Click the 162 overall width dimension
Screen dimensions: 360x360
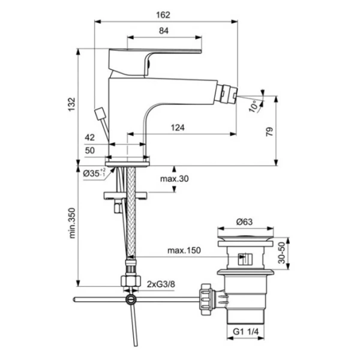click(x=163, y=15)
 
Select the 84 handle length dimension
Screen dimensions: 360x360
click(x=164, y=31)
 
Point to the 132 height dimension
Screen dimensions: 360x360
click(x=71, y=104)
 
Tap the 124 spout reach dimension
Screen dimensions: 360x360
click(x=178, y=127)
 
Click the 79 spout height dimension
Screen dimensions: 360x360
click(x=269, y=131)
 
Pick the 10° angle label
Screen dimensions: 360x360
click(x=253, y=106)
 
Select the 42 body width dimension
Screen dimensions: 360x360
click(x=90, y=137)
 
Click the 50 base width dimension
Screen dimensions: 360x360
click(x=90, y=151)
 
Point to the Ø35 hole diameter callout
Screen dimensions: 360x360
click(x=94, y=173)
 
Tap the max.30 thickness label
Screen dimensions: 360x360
click(x=175, y=179)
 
